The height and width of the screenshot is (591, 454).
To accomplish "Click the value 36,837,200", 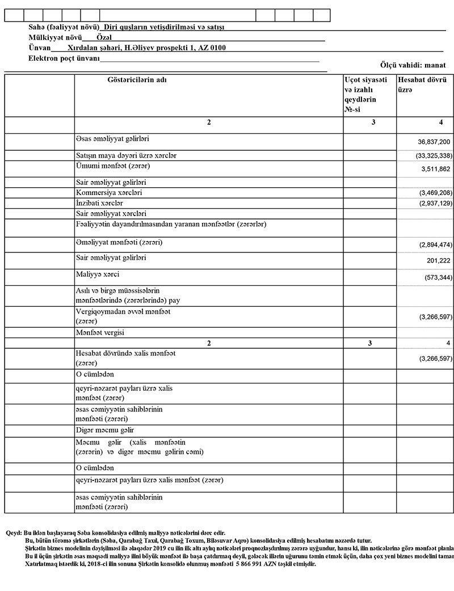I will coord(434,142).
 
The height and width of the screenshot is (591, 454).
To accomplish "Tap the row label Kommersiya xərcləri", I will coord(108,193).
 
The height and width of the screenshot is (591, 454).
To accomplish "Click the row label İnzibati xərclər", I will coord(99,203).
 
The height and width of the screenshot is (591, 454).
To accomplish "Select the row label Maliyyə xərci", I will coord(98,275).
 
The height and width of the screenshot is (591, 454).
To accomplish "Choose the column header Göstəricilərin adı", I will coord(137,80).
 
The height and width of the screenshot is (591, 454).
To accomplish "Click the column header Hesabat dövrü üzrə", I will coord(422,85).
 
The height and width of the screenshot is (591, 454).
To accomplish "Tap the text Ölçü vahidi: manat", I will coord(417,66).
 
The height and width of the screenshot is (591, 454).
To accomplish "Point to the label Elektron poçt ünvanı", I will coord(64,59).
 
